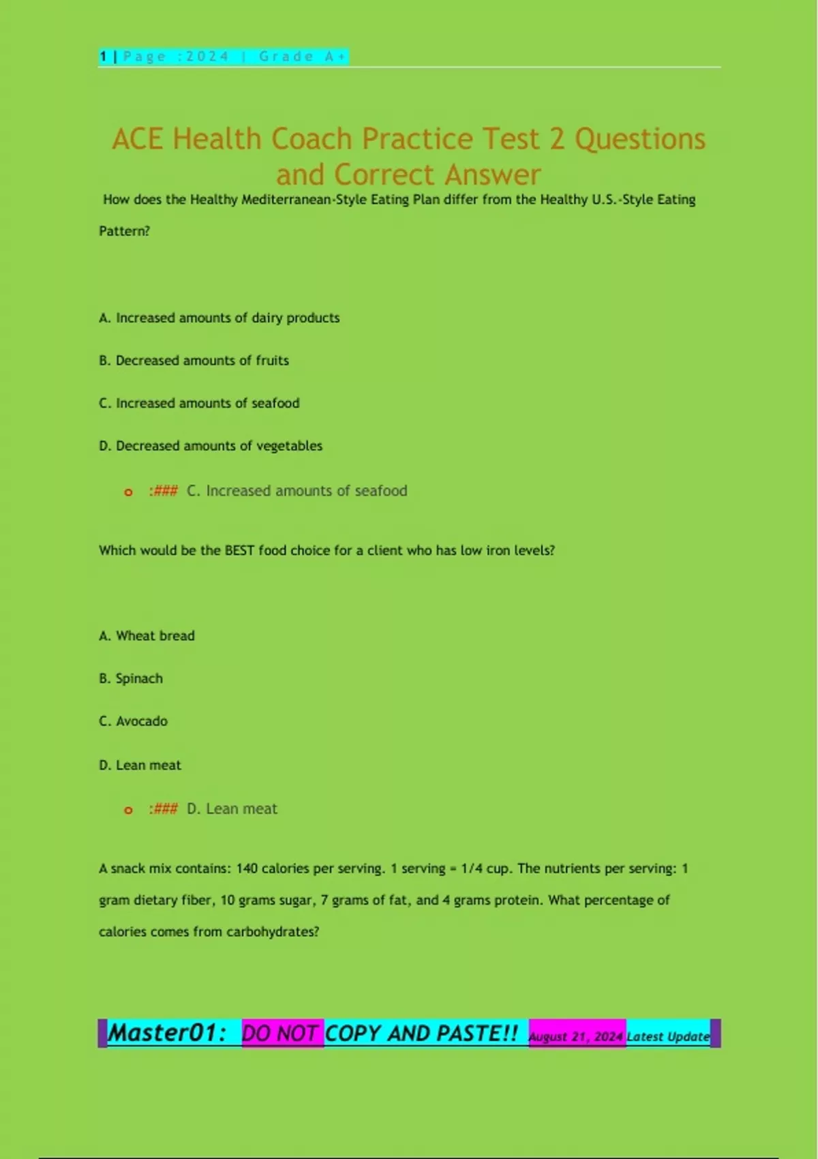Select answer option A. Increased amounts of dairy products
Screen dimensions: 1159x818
click(219, 318)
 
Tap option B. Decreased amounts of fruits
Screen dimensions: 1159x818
click(194, 361)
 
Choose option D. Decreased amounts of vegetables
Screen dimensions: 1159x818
click(210, 446)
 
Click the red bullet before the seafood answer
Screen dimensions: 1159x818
click(128, 492)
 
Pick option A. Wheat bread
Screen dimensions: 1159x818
click(147, 636)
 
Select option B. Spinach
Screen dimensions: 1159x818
click(131, 679)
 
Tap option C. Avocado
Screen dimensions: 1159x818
click(133, 721)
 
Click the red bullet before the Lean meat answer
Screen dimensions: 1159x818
click(128, 810)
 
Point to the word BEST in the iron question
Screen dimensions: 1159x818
click(239, 551)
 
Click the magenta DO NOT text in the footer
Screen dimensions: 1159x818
click(280, 1034)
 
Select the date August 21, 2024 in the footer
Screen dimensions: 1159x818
click(577, 1036)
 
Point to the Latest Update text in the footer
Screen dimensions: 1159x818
click(668, 1036)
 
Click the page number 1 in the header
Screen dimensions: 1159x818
click(103, 57)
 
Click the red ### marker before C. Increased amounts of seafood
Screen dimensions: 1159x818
click(164, 491)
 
